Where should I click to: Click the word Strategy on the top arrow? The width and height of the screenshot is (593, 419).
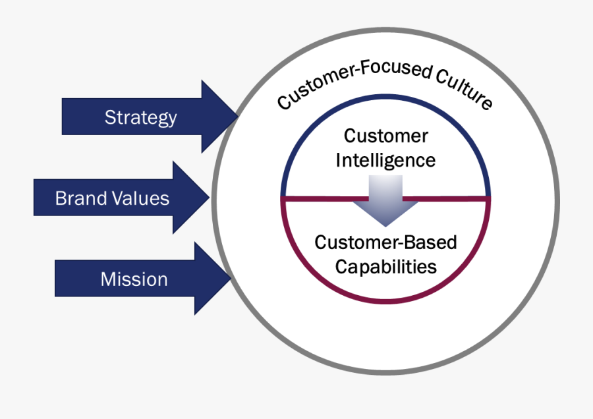coord(140,117)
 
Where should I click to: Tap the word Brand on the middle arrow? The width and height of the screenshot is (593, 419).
coord(76,198)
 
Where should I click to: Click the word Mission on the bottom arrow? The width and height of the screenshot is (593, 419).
coord(134,279)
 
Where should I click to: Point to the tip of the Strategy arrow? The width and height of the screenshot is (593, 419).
coord(237,117)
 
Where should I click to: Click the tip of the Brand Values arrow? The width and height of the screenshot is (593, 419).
coord(209,198)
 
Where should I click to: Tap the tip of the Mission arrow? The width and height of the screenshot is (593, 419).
coord(231,279)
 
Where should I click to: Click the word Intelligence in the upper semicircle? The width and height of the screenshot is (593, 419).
coord(385,160)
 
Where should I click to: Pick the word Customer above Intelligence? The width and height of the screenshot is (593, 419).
coord(385,136)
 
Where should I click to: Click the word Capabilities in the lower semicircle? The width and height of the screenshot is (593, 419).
coord(385,266)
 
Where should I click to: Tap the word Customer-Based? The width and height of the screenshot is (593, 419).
coord(385,242)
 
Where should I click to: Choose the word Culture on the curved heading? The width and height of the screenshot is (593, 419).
coord(465,88)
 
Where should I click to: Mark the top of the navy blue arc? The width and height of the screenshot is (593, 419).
coord(385,96)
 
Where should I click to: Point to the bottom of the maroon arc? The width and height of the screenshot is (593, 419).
coord(385,301)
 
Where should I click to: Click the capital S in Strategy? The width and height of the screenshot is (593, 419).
coord(109,117)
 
